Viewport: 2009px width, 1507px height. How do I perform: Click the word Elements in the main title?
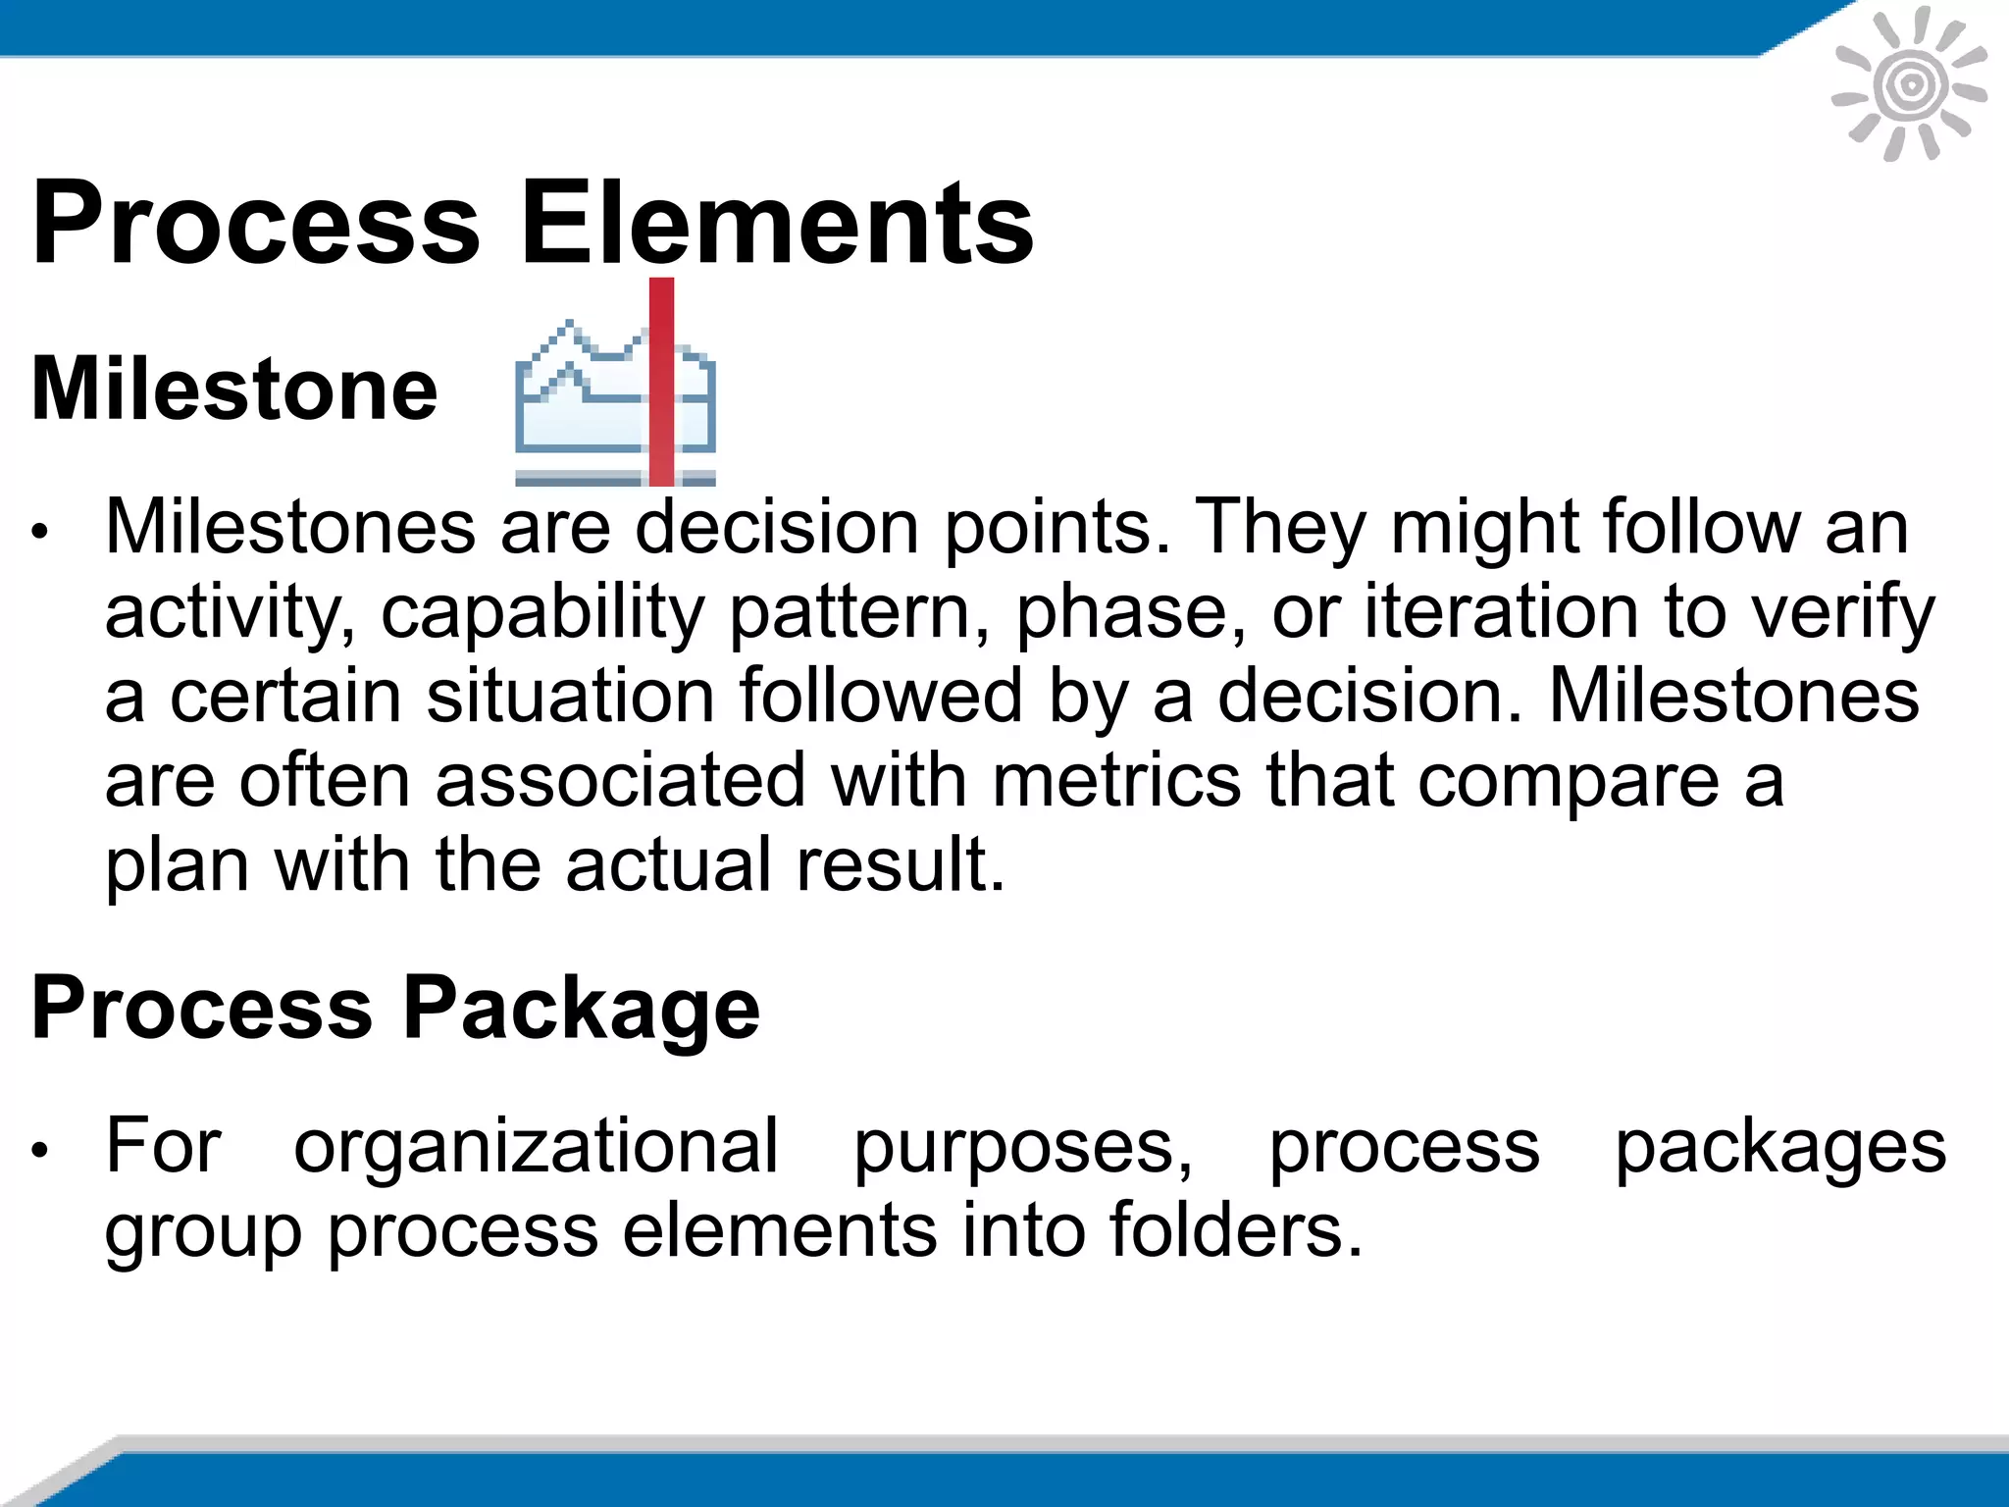(776, 223)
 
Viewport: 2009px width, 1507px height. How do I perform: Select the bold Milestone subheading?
(234, 389)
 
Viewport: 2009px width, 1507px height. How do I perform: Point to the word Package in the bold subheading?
(582, 1009)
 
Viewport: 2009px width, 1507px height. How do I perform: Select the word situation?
(570, 696)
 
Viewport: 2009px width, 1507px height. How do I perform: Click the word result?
(901, 864)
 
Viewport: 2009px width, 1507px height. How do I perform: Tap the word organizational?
(536, 1146)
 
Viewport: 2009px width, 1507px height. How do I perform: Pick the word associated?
(620, 780)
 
